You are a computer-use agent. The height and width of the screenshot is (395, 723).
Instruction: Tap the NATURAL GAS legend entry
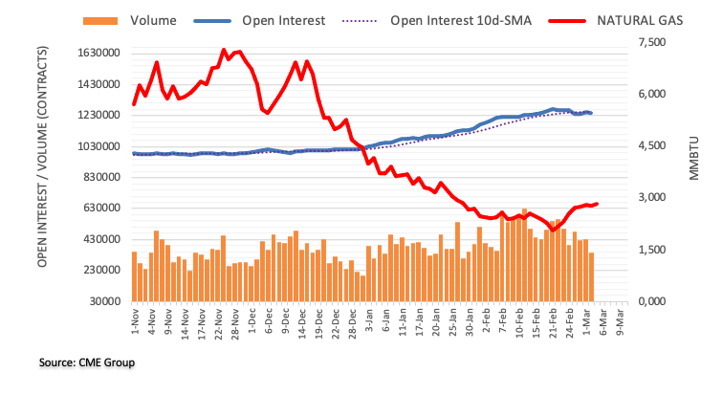(x=643, y=19)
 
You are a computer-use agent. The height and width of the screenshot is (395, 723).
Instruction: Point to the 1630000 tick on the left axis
(x=94, y=54)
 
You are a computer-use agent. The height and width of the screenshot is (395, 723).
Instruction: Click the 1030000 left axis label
(x=94, y=146)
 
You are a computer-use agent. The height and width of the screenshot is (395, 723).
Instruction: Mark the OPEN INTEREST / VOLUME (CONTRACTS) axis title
(x=44, y=157)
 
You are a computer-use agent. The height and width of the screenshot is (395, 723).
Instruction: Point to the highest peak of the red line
(x=224, y=50)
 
